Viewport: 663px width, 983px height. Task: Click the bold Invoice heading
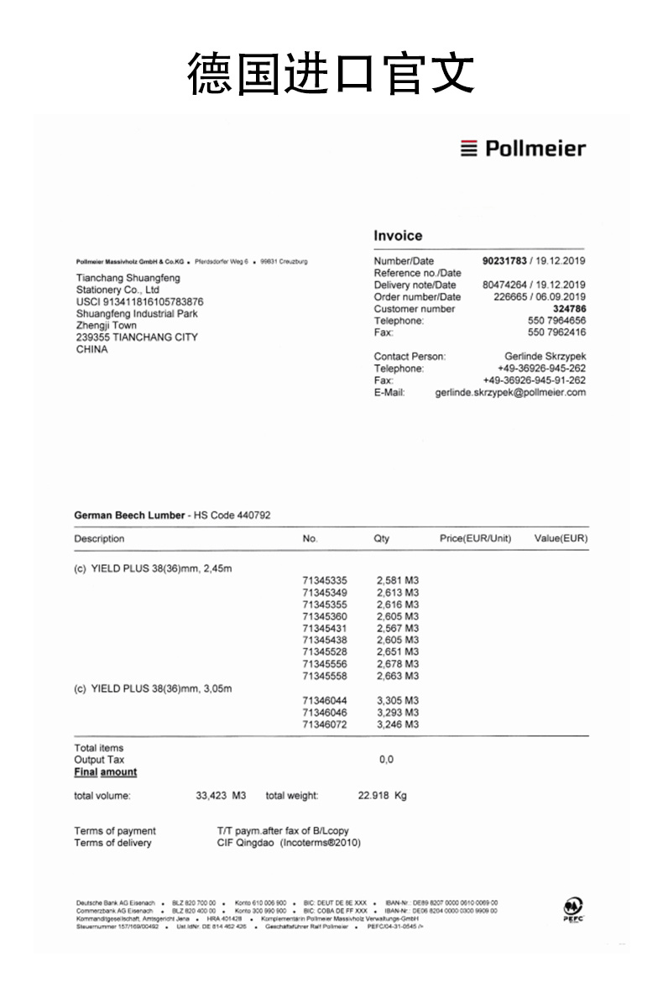click(398, 236)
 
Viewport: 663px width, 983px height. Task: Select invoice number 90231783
click(504, 261)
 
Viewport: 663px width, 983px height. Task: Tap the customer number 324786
click(569, 309)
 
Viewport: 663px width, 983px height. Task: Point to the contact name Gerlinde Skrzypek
click(545, 357)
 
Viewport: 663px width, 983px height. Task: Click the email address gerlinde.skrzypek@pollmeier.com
click(510, 392)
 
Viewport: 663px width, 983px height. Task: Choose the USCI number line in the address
click(139, 301)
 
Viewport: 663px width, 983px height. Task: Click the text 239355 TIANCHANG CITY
click(137, 337)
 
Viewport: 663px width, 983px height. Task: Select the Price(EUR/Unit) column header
click(475, 539)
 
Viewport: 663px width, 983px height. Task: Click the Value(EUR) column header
click(561, 539)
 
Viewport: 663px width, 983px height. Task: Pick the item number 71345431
click(324, 628)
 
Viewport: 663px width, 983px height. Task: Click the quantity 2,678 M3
click(398, 664)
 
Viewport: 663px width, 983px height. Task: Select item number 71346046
click(324, 712)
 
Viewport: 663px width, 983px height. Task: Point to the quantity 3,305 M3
click(398, 700)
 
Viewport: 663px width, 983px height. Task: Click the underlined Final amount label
click(105, 772)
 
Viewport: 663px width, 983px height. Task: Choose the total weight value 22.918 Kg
click(382, 795)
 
